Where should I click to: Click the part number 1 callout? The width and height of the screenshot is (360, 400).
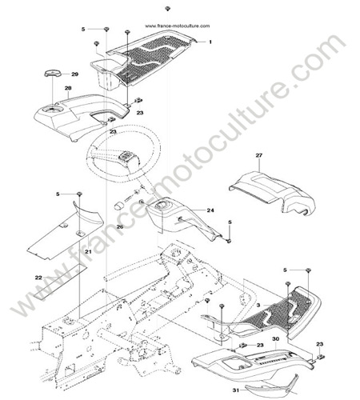click(x=210, y=42)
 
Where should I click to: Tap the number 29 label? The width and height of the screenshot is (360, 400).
click(x=74, y=74)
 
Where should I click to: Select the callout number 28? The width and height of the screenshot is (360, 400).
click(x=68, y=88)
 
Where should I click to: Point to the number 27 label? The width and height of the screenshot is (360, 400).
click(x=259, y=155)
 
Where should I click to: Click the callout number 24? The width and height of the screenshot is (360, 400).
click(x=210, y=210)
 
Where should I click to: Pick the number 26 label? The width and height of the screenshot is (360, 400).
click(x=120, y=226)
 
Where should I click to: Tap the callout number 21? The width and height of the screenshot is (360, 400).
click(x=88, y=251)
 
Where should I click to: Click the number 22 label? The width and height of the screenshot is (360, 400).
click(x=38, y=278)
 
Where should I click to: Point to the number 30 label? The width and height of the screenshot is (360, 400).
click(x=276, y=339)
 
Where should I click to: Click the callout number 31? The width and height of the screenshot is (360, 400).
click(x=236, y=390)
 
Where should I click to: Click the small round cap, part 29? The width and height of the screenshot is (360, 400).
click(x=52, y=74)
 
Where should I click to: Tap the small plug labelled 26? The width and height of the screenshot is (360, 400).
click(x=119, y=206)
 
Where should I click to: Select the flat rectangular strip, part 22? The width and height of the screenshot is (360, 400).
click(x=60, y=282)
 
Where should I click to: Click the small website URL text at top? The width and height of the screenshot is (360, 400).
click(x=178, y=26)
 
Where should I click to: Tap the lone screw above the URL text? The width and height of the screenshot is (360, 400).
click(x=167, y=9)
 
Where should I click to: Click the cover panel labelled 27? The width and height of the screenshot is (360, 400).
click(x=272, y=194)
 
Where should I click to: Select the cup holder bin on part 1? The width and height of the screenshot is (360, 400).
click(x=106, y=74)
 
